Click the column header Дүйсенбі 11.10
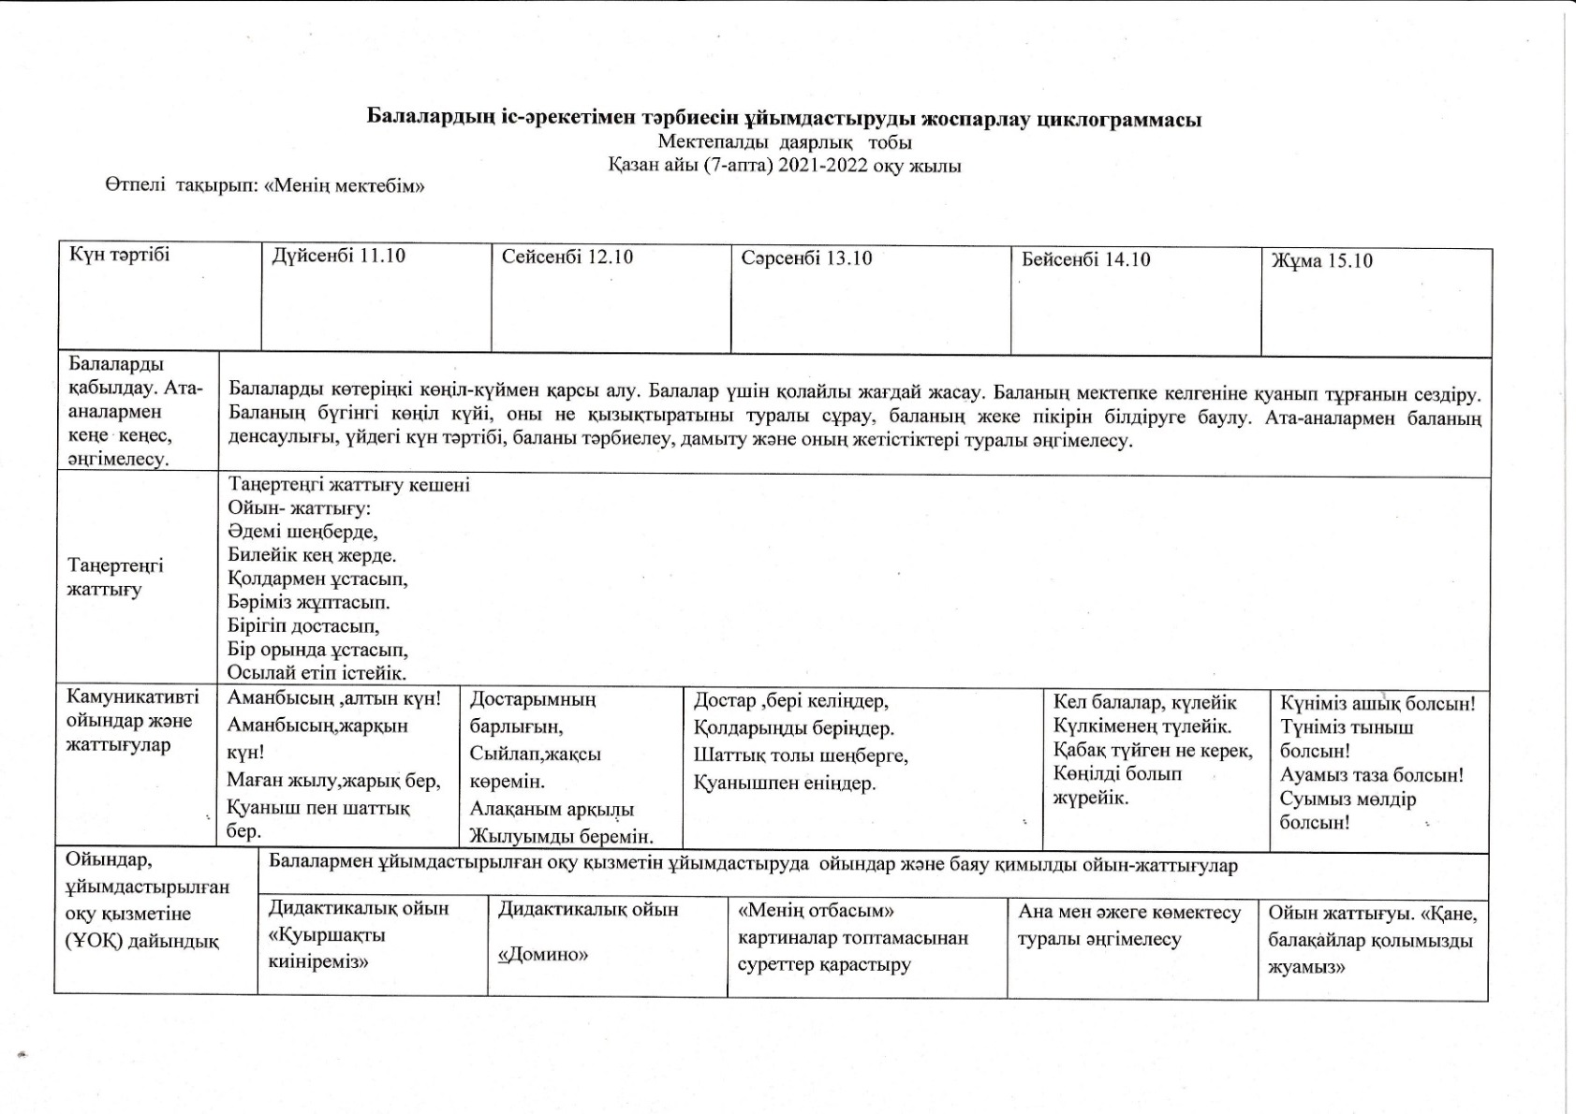(338, 256)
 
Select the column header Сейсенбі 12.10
(567, 257)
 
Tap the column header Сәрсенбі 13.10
(806, 257)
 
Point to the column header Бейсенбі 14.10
(1085, 259)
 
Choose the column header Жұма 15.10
(1321, 260)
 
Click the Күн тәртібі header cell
(120, 255)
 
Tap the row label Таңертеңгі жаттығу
(115, 578)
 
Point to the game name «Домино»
(543, 955)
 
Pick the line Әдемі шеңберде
(302, 532)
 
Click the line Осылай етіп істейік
(317, 672)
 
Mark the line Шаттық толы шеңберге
(801, 755)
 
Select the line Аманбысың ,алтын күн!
(333, 698)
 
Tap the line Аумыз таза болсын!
(1371, 775)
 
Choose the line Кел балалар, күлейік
(1144, 702)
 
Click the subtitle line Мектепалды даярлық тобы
(785, 142)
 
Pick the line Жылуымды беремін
(561, 836)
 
